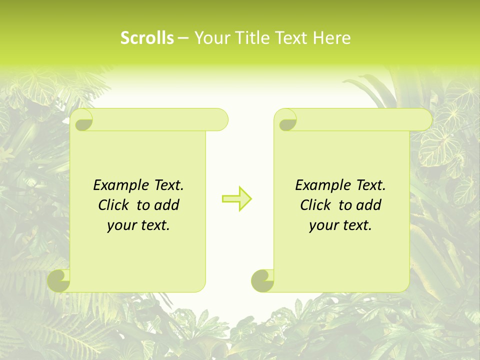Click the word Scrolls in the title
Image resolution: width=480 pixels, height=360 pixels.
[x=147, y=37]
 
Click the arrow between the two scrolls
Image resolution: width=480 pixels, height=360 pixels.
[x=237, y=199]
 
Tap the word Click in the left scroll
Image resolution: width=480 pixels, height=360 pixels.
[x=113, y=205]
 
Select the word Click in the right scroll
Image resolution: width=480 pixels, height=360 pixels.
[x=315, y=205]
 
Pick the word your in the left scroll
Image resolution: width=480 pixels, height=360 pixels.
[x=121, y=225]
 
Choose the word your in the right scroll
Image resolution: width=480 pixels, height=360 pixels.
[x=323, y=225]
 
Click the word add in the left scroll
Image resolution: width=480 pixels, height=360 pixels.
[x=167, y=205]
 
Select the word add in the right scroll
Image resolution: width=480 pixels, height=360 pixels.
[x=369, y=205]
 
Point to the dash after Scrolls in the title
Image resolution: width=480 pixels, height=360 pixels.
[x=183, y=38]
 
